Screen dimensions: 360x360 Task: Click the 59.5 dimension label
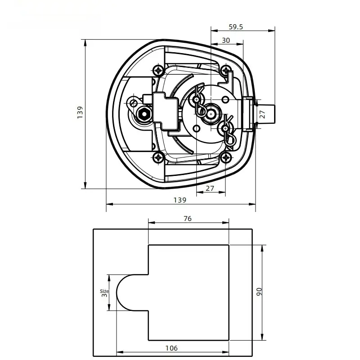click(235, 27)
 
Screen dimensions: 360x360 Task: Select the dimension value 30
click(226, 40)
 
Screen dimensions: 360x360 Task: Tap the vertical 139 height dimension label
click(80, 112)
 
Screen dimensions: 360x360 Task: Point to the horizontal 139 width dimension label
click(180, 200)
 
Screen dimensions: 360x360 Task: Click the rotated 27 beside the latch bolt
click(262, 114)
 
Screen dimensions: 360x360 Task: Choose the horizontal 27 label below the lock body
click(210, 188)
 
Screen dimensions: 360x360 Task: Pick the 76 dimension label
click(188, 219)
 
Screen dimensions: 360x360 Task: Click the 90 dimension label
click(259, 292)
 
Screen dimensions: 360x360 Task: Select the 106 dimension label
click(171, 348)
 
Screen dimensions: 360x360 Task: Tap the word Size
click(104, 291)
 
